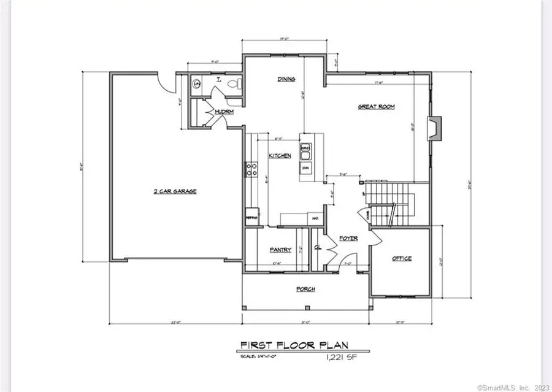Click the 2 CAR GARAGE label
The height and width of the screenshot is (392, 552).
(175, 191)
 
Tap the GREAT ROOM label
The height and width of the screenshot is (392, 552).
(376, 106)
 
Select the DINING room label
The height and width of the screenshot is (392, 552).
(286, 79)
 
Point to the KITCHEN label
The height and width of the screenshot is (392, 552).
(280, 156)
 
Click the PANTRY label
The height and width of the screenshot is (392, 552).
(279, 250)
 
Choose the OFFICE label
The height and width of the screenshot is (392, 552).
(402, 258)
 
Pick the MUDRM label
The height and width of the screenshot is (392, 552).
(221, 112)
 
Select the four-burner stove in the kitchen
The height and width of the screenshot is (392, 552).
(251, 169)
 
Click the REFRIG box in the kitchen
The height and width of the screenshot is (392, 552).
(251, 217)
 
